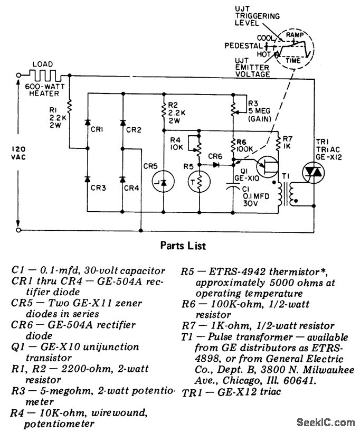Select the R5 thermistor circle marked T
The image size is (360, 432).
pos(199,182)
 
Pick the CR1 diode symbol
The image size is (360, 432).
pos(88,123)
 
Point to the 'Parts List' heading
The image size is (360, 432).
pos(180,246)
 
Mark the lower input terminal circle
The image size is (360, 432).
pos(19,230)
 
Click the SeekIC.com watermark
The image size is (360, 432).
pos(326,422)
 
